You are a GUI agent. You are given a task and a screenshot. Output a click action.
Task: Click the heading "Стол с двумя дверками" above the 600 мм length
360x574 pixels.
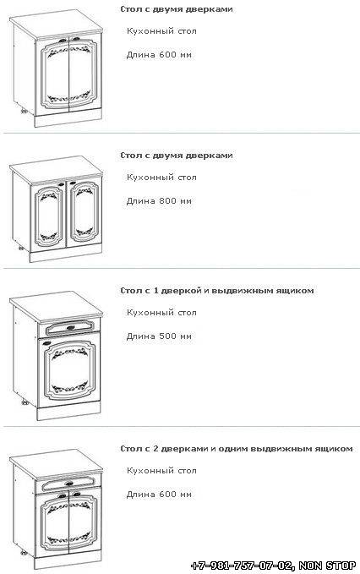[177, 9]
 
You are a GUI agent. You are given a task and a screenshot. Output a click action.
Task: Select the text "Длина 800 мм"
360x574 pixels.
[159, 201]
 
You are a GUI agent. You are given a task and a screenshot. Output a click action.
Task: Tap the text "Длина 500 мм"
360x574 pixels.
[159, 336]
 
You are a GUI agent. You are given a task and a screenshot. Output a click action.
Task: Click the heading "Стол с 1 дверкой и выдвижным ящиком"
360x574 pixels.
[217, 291]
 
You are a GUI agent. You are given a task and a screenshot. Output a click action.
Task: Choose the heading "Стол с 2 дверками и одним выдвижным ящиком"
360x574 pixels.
[237, 449]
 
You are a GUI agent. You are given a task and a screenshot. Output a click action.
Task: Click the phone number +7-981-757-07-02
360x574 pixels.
[243, 566]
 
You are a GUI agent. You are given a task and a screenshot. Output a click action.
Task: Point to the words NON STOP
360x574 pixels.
[327, 566]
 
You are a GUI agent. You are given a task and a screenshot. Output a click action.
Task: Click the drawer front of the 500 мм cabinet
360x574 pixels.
[69, 328]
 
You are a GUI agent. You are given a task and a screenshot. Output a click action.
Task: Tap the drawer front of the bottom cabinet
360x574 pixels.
[68, 484]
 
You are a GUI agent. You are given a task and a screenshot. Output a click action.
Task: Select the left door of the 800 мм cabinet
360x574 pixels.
[49, 214]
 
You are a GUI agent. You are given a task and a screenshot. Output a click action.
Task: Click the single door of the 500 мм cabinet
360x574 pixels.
[68, 369]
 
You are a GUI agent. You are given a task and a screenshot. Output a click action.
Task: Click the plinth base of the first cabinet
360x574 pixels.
[68, 118]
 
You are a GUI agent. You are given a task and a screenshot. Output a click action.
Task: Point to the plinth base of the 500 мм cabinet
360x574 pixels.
[68, 411]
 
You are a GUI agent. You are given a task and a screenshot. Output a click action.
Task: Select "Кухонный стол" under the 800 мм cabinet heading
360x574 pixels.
[161, 178]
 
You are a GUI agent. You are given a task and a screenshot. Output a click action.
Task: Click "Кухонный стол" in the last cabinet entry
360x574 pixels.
[161, 471]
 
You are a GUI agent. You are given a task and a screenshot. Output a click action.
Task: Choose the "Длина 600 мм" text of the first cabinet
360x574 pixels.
[159, 55]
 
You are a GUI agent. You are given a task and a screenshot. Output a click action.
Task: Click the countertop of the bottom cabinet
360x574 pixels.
[56, 463]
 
